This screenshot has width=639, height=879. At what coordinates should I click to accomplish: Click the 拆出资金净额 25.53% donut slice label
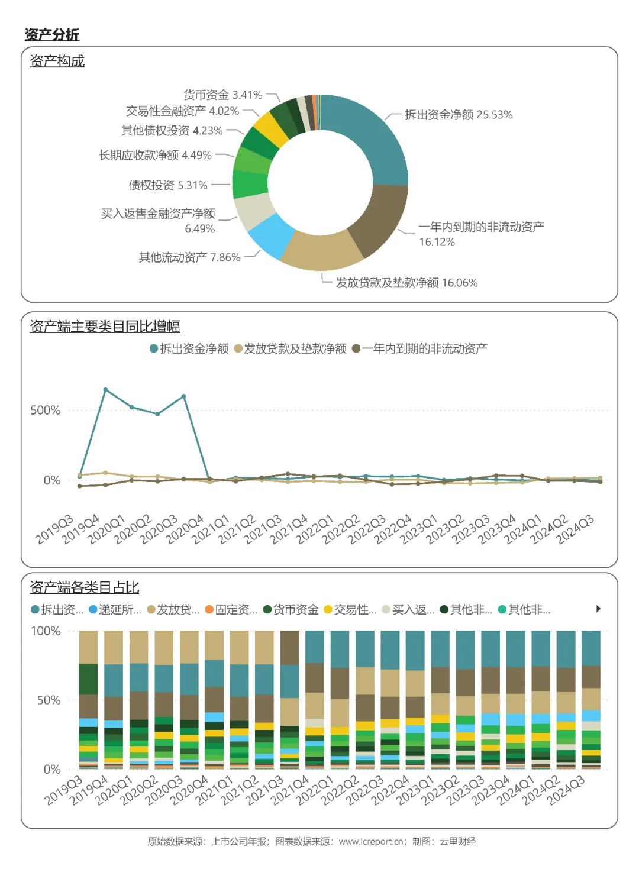point(458,115)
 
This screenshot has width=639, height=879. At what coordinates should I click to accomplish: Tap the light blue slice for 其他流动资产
point(272,235)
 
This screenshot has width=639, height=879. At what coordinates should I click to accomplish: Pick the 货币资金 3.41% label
point(222,95)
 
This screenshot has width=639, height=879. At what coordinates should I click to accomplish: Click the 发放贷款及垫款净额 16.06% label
point(406,283)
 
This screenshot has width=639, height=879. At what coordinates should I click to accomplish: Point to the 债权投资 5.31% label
point(168,185)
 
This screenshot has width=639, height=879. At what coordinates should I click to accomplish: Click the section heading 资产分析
point(52,35)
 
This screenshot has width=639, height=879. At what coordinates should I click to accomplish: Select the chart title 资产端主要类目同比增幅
point(105,327)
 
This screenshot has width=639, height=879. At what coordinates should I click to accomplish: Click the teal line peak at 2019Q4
point(105,390)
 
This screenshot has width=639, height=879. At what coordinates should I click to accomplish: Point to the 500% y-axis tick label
point(46,411)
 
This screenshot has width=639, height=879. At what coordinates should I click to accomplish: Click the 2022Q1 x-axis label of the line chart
point(315,529)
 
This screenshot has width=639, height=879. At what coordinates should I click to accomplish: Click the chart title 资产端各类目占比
point(84,587)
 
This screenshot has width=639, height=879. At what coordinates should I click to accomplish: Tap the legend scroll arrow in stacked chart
point(598,609)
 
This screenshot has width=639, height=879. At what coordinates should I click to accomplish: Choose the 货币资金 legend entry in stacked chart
point(291,609)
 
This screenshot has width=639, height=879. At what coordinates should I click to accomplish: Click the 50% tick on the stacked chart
point(49,700)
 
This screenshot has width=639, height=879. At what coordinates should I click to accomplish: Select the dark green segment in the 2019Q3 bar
point(88,679)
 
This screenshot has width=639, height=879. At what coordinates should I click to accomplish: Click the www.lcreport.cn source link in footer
point(372,841)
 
